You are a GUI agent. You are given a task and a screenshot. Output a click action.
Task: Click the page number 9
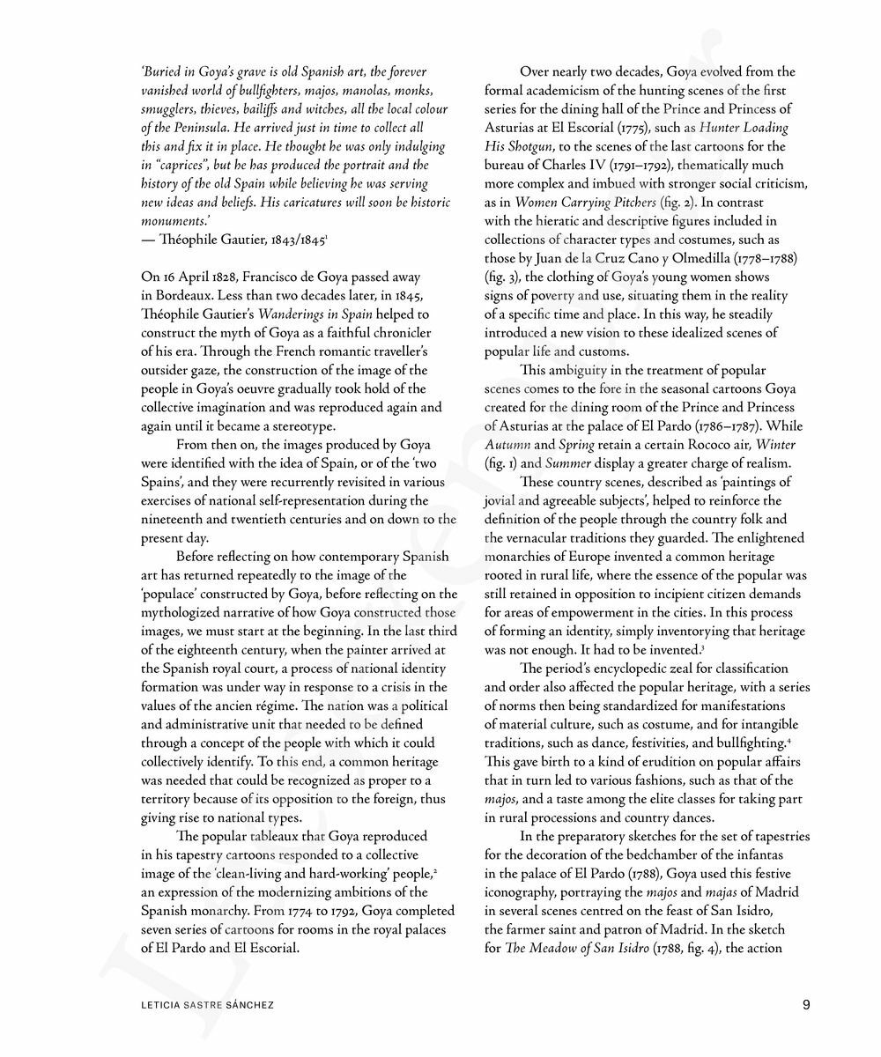[x=807, y=1003]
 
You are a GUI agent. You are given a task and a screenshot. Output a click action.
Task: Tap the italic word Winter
[x=775, y=445]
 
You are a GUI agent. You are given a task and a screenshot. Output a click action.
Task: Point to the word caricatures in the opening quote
[x=306, y=202]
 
